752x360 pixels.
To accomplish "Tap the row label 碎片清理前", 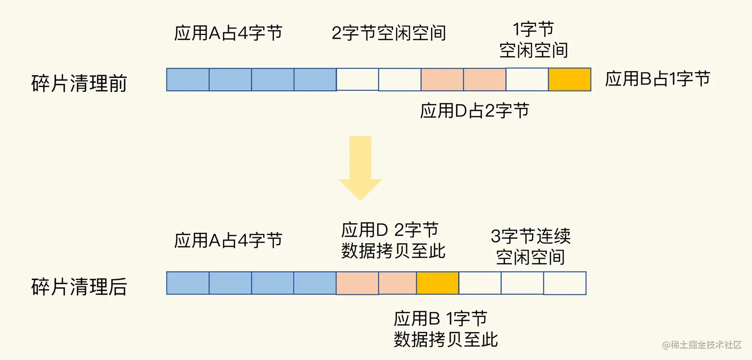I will click(x=79, y=83).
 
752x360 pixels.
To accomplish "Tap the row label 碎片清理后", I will click(x=79, y=287).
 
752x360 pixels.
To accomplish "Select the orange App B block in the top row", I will click(x=569, y=80).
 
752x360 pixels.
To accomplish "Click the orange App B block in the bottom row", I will click(x=438, y=283).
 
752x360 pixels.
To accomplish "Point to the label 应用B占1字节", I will click(x=658, y=79).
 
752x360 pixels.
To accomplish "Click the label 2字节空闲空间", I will click(x=389, y=33).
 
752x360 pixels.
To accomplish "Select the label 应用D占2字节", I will click(x=474, y=110).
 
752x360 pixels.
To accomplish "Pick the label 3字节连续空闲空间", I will click(x=531, y=246).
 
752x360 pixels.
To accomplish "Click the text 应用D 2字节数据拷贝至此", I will click(x=393, y=241).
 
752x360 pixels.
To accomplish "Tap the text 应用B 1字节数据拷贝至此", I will click(x=446, y=329).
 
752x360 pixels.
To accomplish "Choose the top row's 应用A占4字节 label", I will click(x=228, y=33).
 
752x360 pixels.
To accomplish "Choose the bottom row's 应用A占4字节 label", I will click(x=228, y=240).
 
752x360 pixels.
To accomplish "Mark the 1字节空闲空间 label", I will click(x=534, y=40).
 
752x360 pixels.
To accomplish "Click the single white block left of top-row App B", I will click(x=527, y=80).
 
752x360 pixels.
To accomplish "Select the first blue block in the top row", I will click(x=188, y=80).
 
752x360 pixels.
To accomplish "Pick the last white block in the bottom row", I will click(x=564, y=283).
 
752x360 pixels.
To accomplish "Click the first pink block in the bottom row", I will click(x=357, y=283).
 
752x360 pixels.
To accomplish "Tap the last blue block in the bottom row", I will click(x=315, y=283).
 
